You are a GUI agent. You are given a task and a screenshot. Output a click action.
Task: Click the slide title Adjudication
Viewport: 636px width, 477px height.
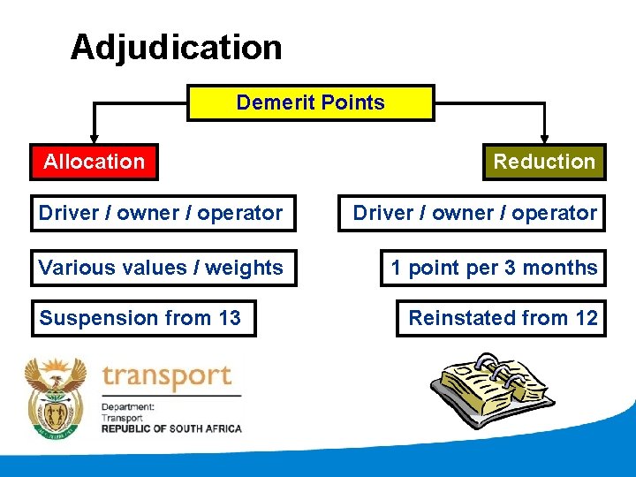point(176,47)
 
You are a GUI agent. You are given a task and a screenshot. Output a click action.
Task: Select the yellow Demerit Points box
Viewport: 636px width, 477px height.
point(310,102)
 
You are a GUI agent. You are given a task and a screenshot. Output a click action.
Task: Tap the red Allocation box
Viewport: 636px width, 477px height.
point(94,162)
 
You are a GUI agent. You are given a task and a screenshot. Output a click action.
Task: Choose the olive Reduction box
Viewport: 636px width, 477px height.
point(544,162)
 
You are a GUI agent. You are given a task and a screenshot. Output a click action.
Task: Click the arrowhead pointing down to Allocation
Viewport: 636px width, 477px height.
point(95,138)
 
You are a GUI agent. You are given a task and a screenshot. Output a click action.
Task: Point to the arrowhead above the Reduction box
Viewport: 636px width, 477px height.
point(544,138)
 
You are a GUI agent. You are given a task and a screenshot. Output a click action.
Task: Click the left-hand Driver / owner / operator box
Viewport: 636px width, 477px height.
point(161,213)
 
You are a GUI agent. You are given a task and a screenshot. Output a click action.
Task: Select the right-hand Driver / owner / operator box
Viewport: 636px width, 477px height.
point(474,213)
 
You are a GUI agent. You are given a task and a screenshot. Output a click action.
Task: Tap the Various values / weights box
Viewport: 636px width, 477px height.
point(161,268)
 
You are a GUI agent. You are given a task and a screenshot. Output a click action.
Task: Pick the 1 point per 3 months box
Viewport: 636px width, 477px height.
point(494,268)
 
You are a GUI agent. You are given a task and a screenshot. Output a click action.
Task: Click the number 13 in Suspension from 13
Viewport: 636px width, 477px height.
point(229,318)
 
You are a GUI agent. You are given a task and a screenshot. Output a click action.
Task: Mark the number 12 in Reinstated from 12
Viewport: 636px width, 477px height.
point(587,318)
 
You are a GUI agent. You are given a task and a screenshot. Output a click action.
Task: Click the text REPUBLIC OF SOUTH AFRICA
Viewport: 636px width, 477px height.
point(171,428)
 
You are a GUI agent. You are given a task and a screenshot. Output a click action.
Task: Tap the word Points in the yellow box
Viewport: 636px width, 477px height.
point(352,102)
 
